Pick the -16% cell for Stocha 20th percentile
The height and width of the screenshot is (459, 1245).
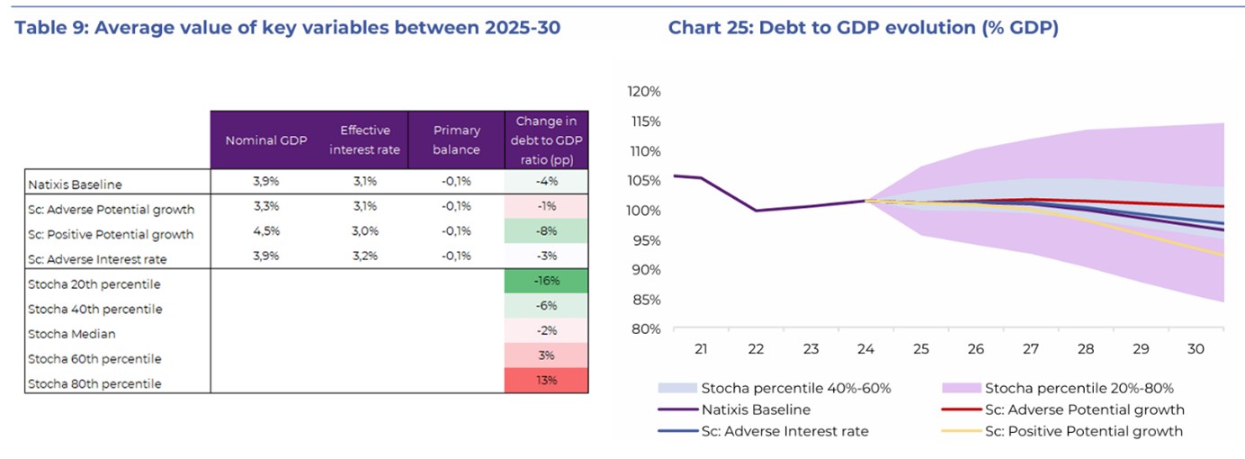click(x=547, y=281)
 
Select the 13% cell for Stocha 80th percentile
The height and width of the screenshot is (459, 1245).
click(x=547, y=380)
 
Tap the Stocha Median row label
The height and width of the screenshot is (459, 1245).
click(x=72, y=334)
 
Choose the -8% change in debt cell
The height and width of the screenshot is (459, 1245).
click(x=547, y=233)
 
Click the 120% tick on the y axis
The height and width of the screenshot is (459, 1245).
click(x=644, y=92)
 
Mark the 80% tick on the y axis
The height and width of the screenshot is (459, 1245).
click(x=647, y=328)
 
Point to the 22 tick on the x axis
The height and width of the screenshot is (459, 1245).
click(x=756, y=349)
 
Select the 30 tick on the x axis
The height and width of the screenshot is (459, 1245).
click(x=1196, y=349)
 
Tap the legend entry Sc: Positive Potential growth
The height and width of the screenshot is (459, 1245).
click(x=1084, y=431)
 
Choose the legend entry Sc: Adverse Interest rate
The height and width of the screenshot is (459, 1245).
click(x=785, y=431)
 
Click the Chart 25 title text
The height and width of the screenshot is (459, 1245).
click(x=863, y=28)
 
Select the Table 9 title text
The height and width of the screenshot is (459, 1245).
click(x=288, y=28)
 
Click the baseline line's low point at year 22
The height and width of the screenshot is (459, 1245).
click(x=756, y=211)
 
